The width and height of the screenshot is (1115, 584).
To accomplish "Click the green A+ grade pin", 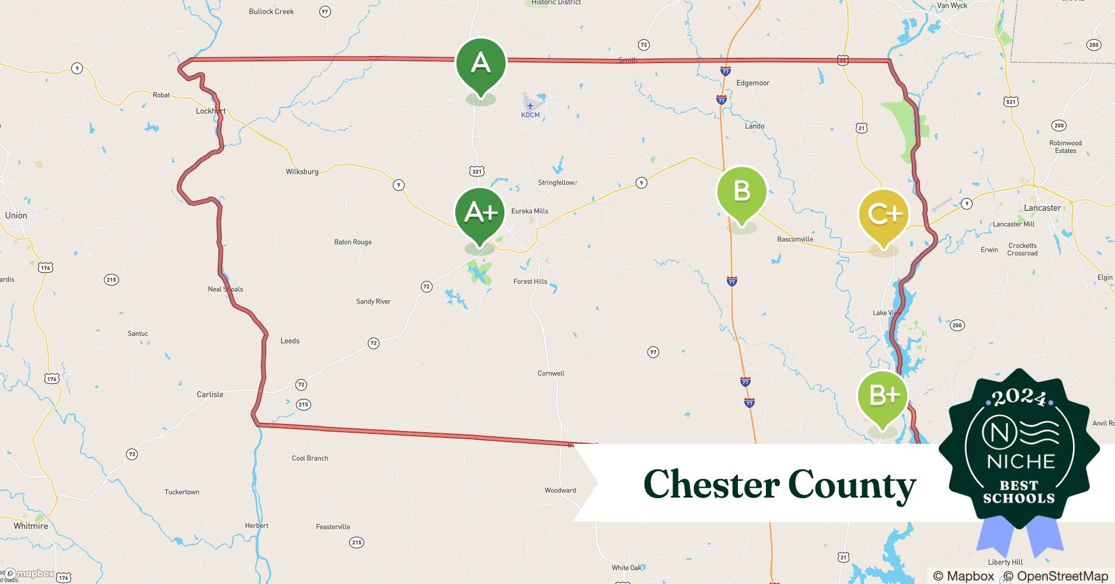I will coord(480,213).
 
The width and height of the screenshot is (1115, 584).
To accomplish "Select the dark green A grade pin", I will coord(480,63).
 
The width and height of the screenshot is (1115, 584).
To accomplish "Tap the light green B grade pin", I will coord(741,192).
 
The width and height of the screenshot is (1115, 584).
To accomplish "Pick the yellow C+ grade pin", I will coord(884,214).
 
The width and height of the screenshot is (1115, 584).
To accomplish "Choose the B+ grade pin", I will coord(883,396).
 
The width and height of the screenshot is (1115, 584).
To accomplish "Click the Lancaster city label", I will coord(1042,208).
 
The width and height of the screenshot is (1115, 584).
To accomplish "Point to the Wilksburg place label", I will coord(302,172).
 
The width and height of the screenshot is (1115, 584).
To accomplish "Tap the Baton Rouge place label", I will coord(353,242).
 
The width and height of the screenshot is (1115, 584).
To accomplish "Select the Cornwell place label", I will coord(550,373).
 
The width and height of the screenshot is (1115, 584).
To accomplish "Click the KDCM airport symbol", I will coord(530,106).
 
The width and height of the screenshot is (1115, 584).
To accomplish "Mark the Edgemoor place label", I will coord(752,83).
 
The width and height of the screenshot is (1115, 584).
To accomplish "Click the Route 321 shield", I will coord(477,171).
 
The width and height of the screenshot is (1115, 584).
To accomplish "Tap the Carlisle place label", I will coord(210,395).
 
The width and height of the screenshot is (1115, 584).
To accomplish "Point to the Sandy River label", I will coord(373,301).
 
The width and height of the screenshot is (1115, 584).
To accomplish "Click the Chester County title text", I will coord(779,484).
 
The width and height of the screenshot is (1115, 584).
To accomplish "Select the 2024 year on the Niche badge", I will coord(1019,398).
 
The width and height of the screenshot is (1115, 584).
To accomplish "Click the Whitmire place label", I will coord(31,526).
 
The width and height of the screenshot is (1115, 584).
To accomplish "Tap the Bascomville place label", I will coord(795,239).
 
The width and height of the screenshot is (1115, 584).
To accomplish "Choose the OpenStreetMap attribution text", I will coord(1062,576).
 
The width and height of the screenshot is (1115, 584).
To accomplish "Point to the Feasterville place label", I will coord(333,527).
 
